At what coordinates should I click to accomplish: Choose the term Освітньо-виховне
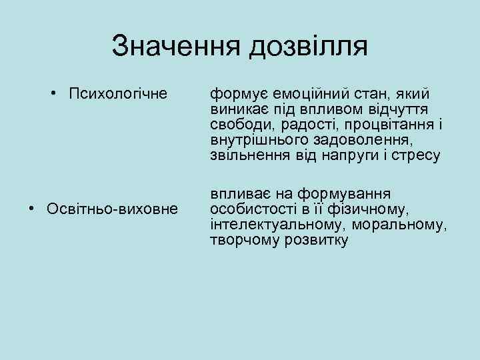[x=113, y=209]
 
